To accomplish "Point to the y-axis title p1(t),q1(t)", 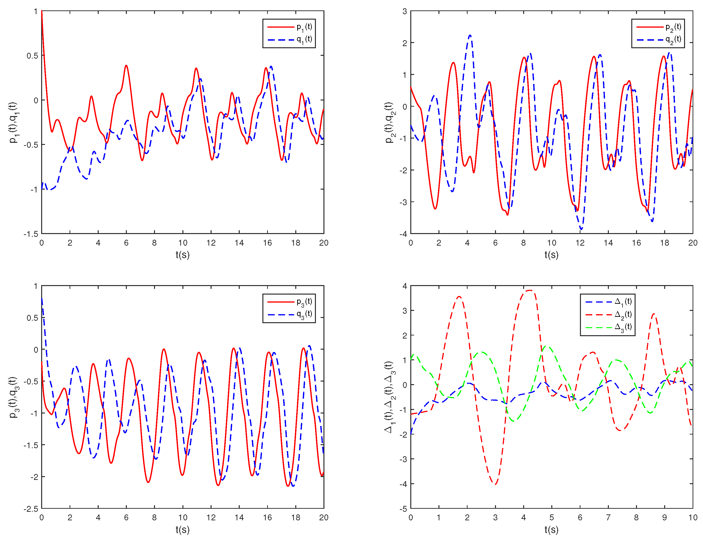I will click(13, 122).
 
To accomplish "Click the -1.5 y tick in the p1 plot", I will click(31, 234).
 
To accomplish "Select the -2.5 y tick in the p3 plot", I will click(31, 509).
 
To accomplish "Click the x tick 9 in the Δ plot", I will click(664, 517).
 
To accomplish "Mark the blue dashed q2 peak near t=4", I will click(470, 35).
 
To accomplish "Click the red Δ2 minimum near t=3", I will click(495, 484).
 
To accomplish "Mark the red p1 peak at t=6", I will click(126, 65).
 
